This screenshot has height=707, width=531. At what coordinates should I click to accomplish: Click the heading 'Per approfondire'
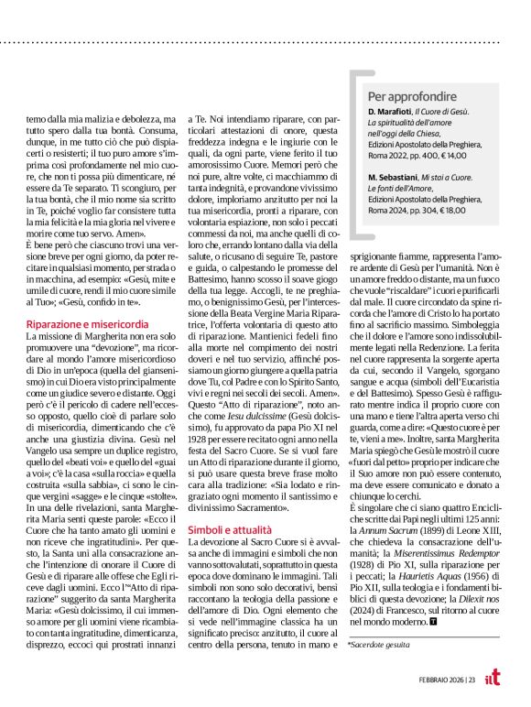pyautogui.click(x=412, y=95)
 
